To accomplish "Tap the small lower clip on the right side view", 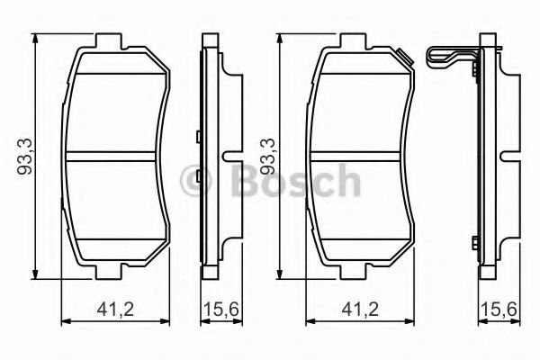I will click(476, 241).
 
